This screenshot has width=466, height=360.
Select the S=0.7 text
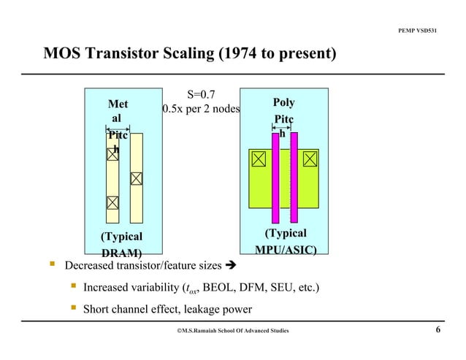coord(201,94)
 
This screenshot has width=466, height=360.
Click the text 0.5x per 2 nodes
coord(201,110)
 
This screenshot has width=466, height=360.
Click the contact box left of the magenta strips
coord(259,158)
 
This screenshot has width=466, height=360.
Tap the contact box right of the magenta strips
coord(310,158)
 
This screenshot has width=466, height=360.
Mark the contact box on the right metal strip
coord(137,178)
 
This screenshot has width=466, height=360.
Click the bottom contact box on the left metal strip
coord(112,202)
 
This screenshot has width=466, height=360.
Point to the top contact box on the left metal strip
coord(112,153)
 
